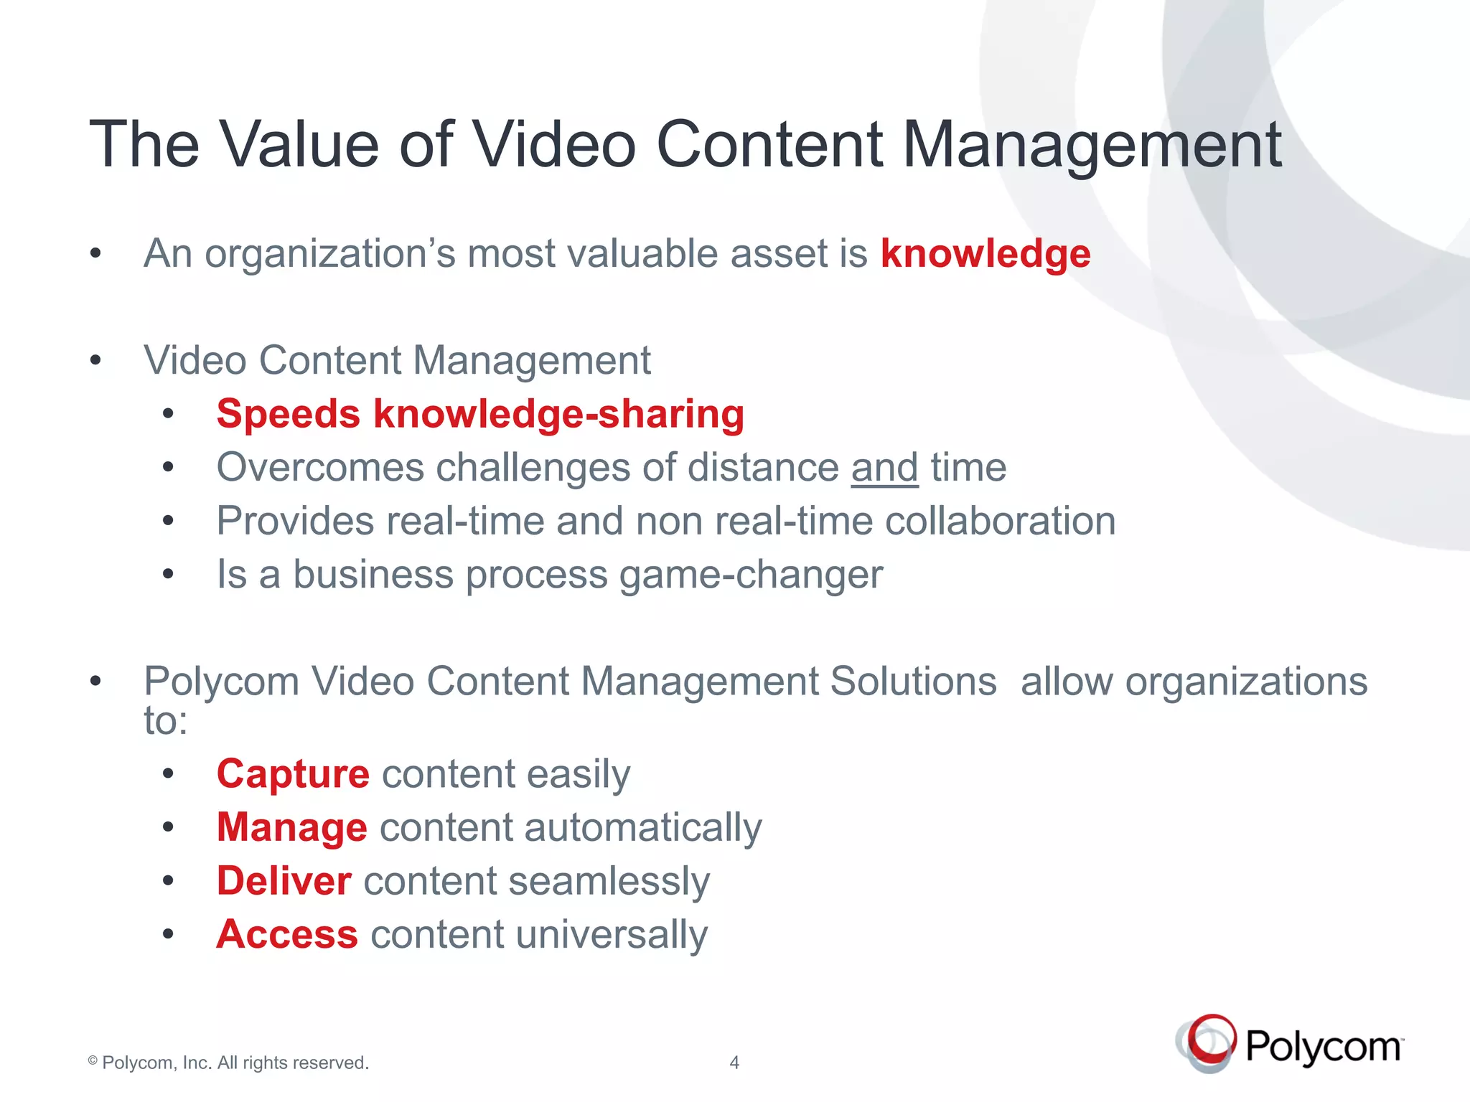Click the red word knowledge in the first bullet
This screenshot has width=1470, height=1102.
click(985, 254)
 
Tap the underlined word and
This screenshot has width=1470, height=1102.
click(884, 468)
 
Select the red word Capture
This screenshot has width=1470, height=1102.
click(293, 774)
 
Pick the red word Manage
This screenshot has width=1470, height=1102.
click(292, 827)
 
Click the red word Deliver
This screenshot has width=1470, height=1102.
click(284, 881)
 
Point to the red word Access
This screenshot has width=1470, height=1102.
click(287, 934)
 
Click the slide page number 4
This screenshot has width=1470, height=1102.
click(734, 1063)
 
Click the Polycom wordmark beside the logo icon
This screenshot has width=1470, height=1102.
click(1323, 1047)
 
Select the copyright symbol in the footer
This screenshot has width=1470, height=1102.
click(93, 1060)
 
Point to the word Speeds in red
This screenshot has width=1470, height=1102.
click(288, 414)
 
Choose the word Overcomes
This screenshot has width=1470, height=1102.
click(320, 468)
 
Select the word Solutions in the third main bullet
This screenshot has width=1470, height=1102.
click(913, 681)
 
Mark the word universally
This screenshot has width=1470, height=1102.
click(612, 935)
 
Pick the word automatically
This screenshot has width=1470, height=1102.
click(642, 828)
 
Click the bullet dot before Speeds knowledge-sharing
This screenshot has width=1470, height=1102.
click(168, 414)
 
